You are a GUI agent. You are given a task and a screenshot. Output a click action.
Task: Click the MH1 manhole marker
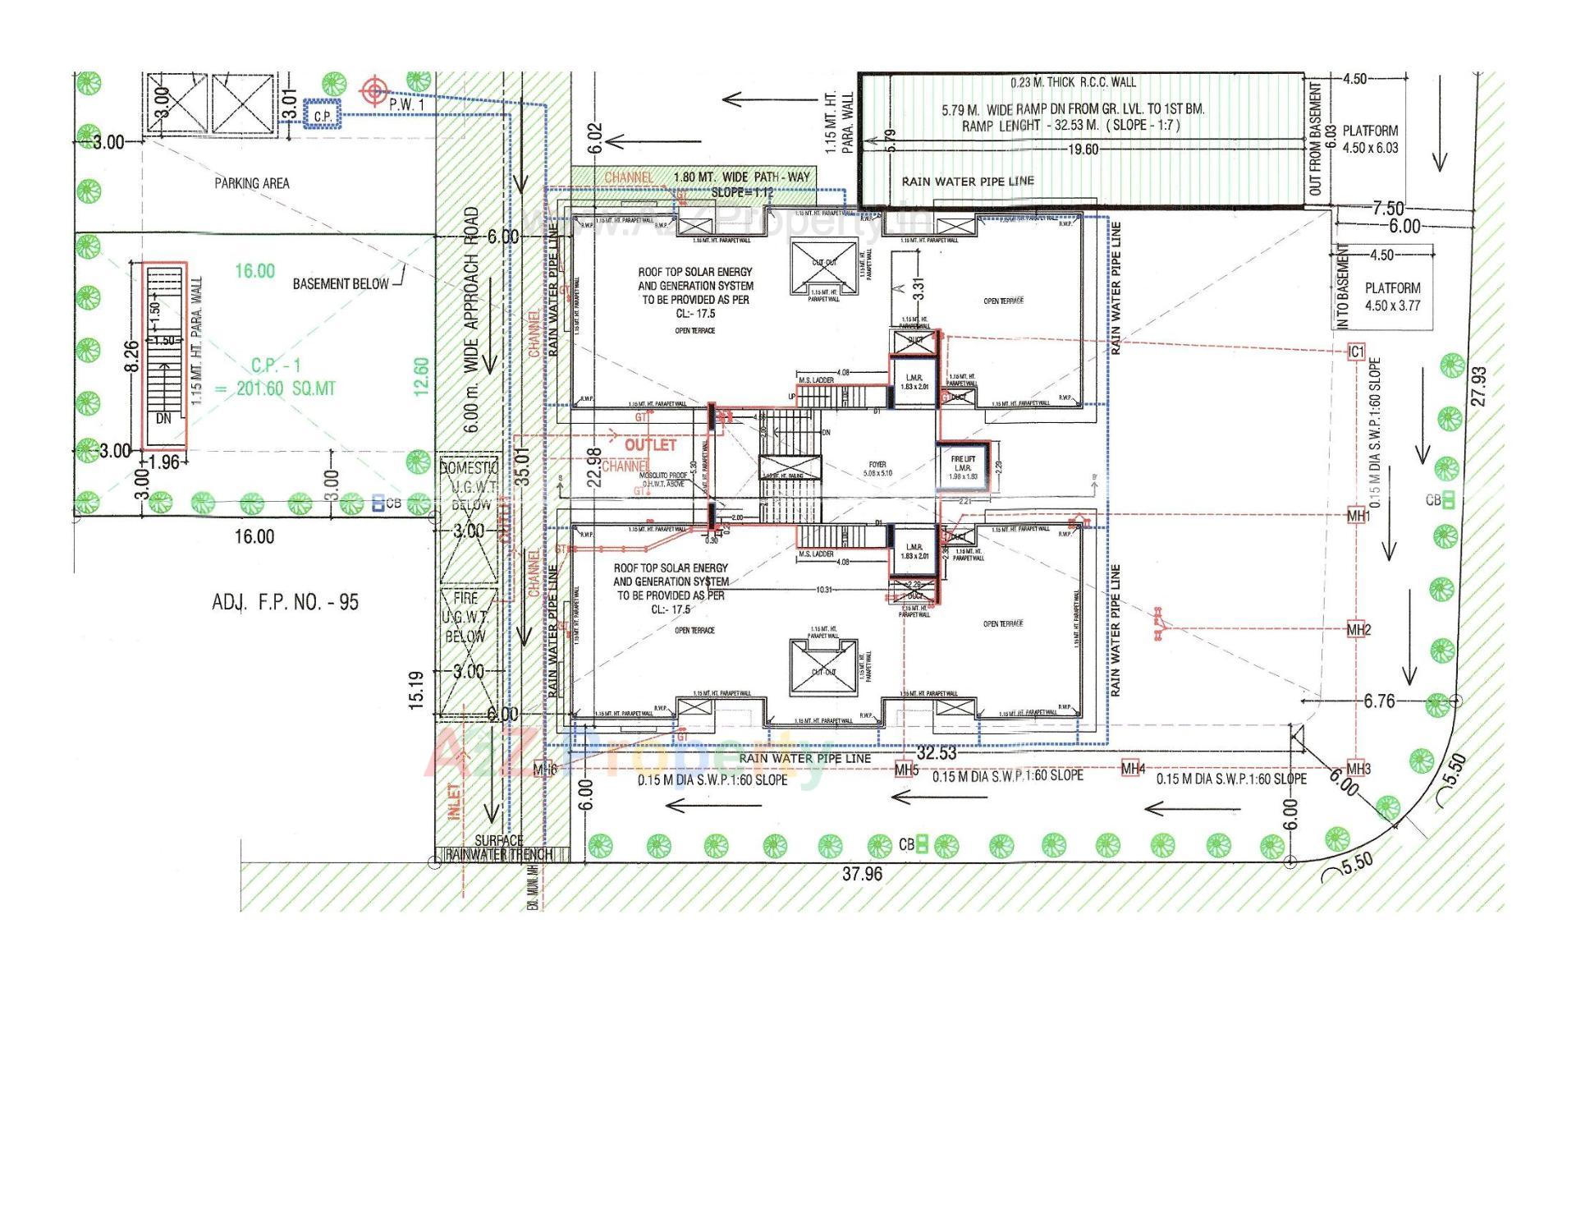pos(1358,516)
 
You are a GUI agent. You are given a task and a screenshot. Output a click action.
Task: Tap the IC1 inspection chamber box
pos(1356,352)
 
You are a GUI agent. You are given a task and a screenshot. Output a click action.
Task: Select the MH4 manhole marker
pos(1133,769)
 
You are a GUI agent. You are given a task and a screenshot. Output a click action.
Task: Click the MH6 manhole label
pos(545,770)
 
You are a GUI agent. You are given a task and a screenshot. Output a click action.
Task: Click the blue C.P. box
pos(322,117)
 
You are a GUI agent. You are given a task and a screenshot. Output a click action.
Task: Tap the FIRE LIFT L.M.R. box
pos(963,467)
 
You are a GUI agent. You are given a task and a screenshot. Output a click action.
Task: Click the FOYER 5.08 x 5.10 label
pos(877,469)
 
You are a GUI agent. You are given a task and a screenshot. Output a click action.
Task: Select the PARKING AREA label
pos(252,183)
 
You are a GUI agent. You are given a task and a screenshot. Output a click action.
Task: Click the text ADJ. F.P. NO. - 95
pos(285,602)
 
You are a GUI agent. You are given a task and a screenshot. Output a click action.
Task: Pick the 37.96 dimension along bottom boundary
pos(862,874)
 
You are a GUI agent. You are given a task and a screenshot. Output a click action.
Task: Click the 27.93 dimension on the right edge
pos(1479,386)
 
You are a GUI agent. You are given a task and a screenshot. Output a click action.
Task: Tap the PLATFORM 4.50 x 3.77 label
pos(1392,296)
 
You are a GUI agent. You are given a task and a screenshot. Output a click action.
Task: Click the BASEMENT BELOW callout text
pos(341,283)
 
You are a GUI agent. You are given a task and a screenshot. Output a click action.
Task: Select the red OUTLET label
pos(650,444)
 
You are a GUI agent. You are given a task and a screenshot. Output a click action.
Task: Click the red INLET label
pos(454,801)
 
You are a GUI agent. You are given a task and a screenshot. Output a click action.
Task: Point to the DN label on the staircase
pos(163,418)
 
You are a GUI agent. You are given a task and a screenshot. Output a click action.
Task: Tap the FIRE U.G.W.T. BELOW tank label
pos(465,617)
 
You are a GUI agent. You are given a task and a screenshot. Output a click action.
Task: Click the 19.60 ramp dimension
pos(1083,149)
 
